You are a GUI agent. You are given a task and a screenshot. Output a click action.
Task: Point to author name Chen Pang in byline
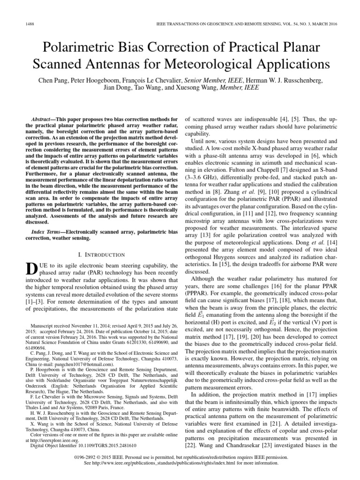pyautogui.click(x=52, y=81)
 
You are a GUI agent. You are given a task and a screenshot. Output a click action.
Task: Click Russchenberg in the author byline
pyautogui.click(x=300, y=81)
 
